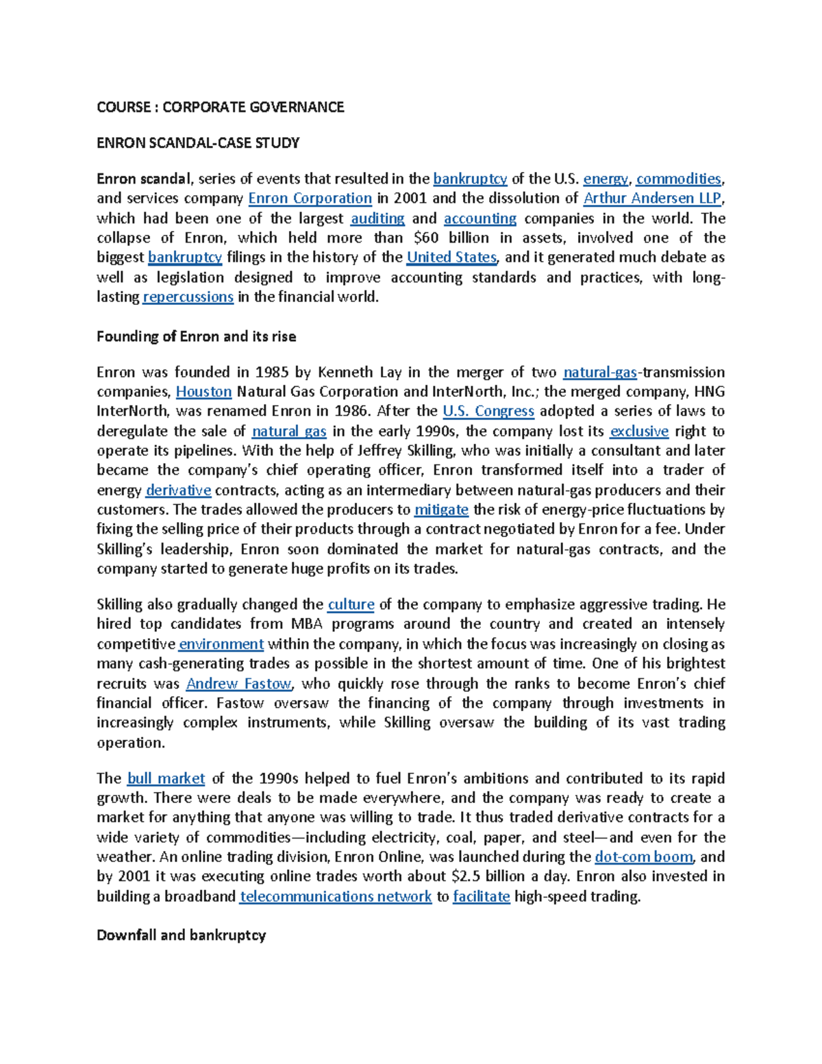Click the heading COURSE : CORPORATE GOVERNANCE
pos(220,107)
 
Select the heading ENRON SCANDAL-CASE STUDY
pos(198,143)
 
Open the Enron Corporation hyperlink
pos(310,199)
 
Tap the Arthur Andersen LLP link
pos(652,199)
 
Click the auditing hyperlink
pos(377,219)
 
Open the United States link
pos(451,258)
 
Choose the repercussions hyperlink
pos(188,297)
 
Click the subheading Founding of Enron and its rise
pos(196,336)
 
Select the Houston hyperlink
pos(203,392)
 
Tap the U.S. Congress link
pos(488,411)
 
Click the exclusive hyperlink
pos(639,432)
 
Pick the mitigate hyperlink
pos(441,510)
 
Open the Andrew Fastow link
pos(239,684)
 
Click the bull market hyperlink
pos(166,779)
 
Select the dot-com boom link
pos(644,857)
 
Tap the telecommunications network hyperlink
pos(336,897)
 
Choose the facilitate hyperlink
pos(482,897)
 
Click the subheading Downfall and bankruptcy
pos(181,935)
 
